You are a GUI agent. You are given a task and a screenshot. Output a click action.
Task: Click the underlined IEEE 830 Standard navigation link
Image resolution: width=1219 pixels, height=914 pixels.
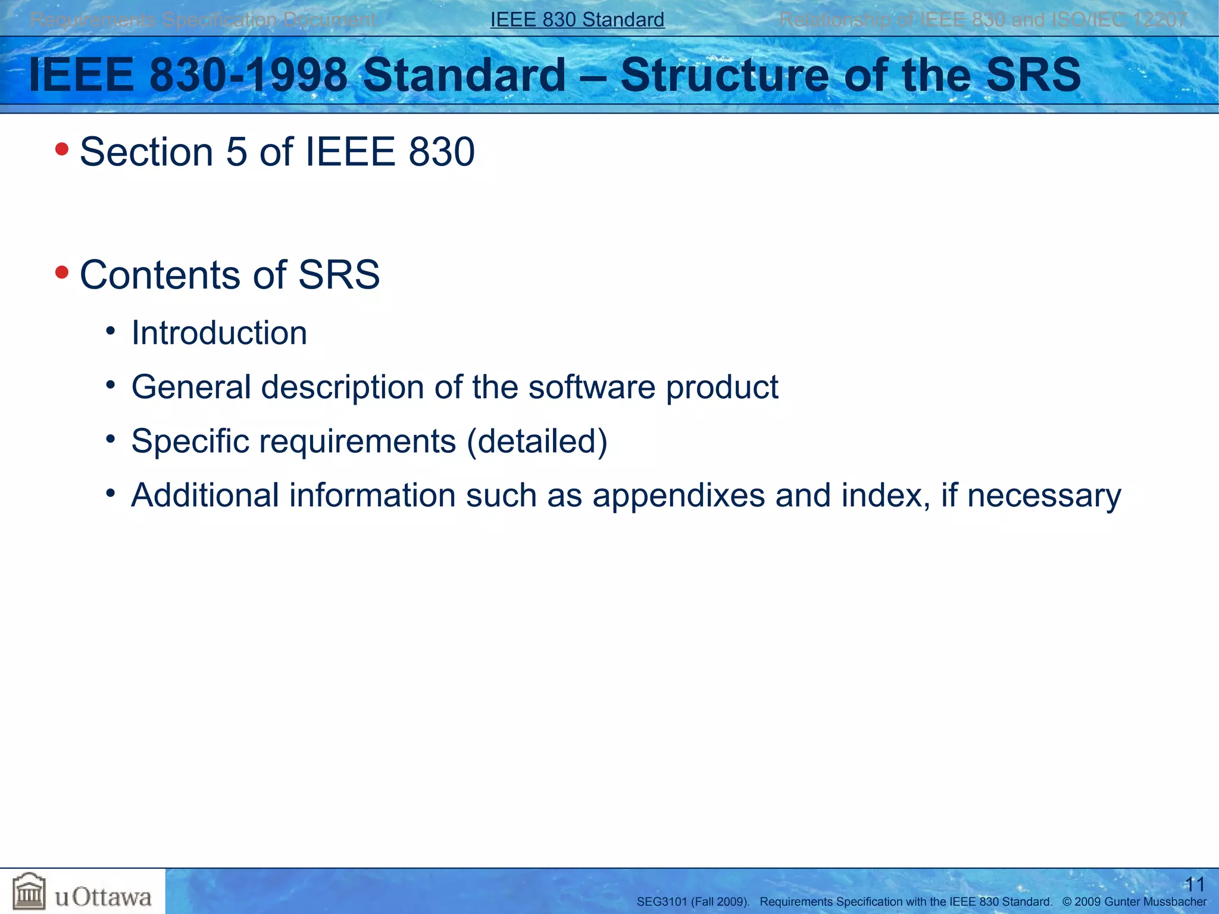[577, 20]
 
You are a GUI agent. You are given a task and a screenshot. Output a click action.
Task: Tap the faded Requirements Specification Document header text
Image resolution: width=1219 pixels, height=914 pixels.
[202, 20]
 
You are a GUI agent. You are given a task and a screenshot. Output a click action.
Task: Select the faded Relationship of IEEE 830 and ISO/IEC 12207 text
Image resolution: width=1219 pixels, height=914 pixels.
[983, 20]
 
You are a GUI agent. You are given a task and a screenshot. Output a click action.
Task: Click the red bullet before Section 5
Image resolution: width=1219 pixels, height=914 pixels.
[62, 149]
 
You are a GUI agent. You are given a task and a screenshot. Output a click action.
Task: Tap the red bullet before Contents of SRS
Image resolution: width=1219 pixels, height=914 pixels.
[62, 273]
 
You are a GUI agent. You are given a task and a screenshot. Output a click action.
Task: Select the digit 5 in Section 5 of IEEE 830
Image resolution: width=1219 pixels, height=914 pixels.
[236, 152]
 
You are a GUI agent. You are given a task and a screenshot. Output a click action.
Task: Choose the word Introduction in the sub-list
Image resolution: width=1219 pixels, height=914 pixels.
[219, 333]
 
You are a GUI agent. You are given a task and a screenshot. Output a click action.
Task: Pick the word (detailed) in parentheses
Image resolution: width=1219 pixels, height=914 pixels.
[537, 442]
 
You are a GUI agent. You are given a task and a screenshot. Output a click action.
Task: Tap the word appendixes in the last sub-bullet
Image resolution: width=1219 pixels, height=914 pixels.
[679, 496]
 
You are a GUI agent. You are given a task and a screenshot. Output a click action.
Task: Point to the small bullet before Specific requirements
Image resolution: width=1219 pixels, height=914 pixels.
[110, 439]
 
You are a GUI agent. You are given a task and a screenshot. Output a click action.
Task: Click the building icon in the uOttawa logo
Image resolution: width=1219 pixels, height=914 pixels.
[29, 891]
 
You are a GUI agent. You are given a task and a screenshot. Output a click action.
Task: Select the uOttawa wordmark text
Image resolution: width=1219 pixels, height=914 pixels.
[103, 897]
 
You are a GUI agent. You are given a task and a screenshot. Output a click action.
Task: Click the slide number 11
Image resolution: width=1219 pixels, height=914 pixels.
[1195, 884]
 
